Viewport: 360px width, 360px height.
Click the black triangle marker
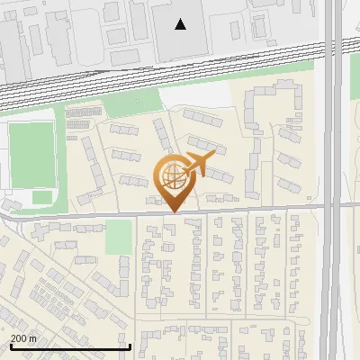click(x=181, y=24)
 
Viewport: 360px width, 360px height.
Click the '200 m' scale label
click(x=23, y=338)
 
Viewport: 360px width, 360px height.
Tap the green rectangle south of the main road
click(x=118, y=237)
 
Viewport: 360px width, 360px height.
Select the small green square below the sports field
click(x=42, y=197)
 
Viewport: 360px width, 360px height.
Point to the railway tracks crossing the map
click(x=162, y=72)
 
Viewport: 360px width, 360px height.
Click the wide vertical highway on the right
click(x=333, y=180)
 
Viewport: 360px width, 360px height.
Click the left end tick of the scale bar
click(x=10, y=346)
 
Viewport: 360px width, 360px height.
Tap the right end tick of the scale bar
click(x=130, y=346)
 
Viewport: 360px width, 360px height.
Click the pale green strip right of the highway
click(x=352, y=180)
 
